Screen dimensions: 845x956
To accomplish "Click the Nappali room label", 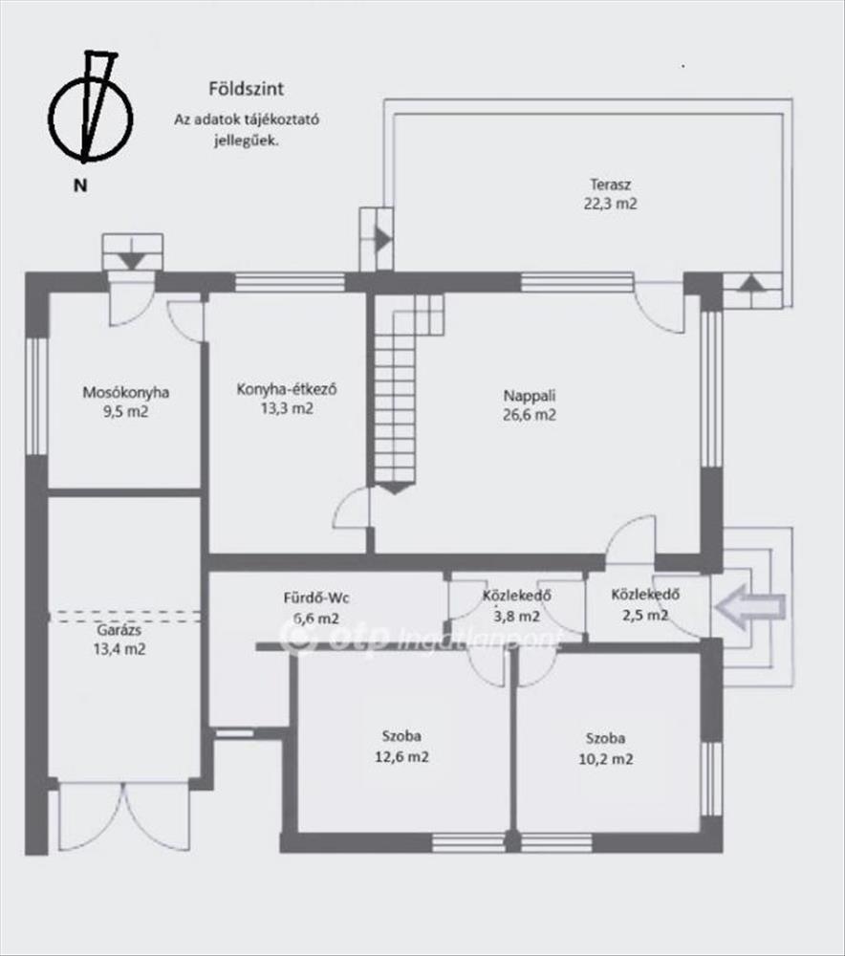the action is click(x=530, y=396).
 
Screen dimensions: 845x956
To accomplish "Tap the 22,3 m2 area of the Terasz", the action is click(x=610, y=204).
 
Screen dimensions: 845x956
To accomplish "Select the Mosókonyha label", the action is click(x=125, y=392).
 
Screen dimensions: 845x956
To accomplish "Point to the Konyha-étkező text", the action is click(x=287, y=389).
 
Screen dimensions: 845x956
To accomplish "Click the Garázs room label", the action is click(x=119, y=630).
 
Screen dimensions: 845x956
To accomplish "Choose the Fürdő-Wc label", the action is click(x=316, y=597).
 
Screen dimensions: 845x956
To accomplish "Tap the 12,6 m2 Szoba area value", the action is click(x=401, y=757).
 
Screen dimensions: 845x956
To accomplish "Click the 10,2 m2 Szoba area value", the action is click(x=606, y=759).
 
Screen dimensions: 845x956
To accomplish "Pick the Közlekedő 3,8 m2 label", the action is click(x=517, y=605).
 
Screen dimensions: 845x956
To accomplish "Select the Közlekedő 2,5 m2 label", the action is click(x=645, y=604).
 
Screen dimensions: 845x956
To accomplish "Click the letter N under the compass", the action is click(x=80, y=186).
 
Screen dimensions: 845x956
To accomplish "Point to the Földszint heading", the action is click(x=247, y=89).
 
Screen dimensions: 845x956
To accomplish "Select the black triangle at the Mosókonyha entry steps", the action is click(x=132, y=261).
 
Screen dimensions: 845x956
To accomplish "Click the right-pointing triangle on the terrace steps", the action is click(x=383, y=239).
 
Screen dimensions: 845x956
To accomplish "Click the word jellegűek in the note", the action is click(x=247, y=141).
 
